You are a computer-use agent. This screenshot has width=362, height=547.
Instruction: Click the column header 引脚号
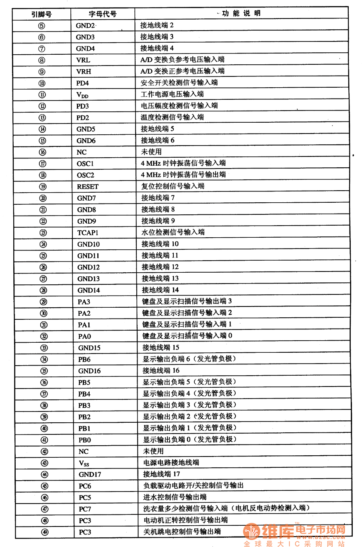41,14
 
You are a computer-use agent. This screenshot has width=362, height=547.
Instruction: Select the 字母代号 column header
103,14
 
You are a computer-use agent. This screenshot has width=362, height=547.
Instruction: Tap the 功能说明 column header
241,13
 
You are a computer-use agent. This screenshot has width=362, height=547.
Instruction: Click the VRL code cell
83,60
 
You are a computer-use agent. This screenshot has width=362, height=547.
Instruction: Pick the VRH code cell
84,72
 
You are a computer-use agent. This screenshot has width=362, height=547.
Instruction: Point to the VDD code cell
82,95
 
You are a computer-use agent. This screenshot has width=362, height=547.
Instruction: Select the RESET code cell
88,187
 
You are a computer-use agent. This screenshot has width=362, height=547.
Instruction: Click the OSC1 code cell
85,164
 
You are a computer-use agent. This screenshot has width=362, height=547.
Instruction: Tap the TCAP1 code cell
88,232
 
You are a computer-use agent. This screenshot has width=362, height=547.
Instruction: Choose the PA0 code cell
84,336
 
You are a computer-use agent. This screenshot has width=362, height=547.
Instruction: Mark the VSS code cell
84,463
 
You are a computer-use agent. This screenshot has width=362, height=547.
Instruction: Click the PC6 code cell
85,486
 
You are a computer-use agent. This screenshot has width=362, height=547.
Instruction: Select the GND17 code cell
90,475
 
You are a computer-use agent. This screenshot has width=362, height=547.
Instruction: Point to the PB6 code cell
84,360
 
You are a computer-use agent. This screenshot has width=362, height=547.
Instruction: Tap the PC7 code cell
85,509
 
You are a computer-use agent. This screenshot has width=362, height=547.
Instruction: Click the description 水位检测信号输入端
173,232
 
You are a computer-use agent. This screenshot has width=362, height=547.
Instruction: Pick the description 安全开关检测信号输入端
179,82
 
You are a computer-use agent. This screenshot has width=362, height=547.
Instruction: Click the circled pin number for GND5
42,129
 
